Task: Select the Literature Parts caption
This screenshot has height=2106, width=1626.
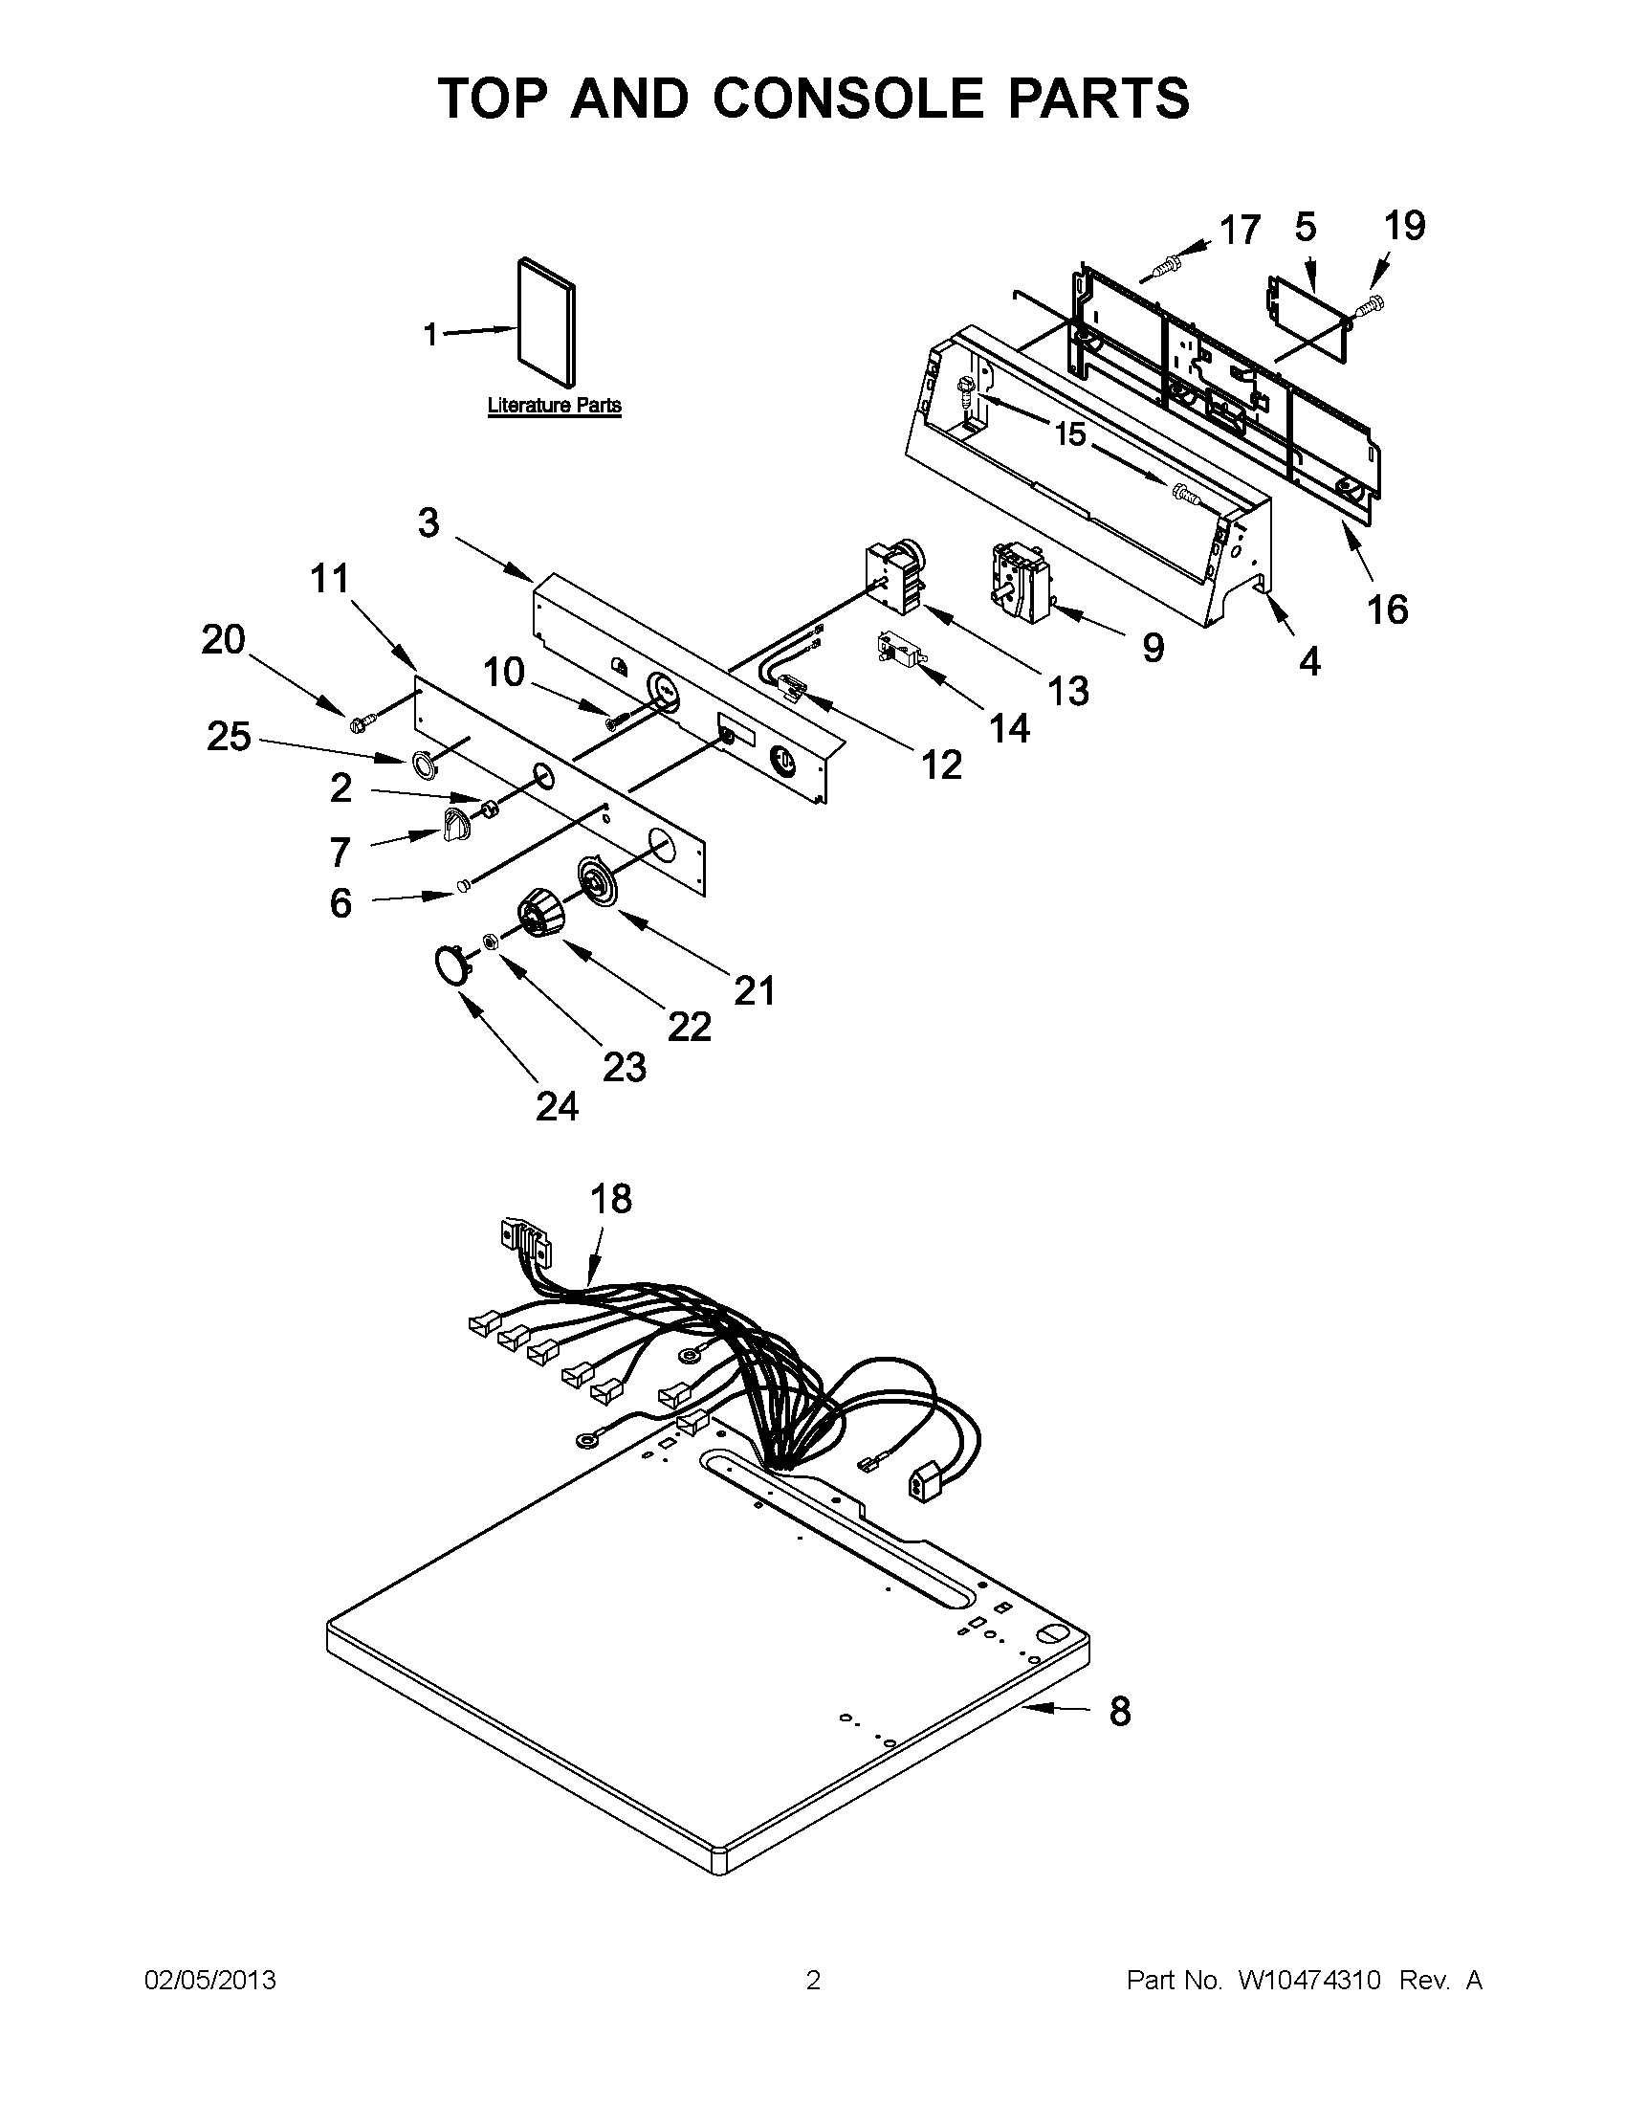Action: [x=553, y=406]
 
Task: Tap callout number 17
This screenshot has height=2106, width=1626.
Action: [x=1240, y=231]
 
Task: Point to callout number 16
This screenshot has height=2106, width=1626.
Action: [x=1388, y=610]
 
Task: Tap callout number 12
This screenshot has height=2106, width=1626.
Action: [x=942, y=765]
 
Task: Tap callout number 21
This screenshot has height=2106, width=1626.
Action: [x=755, y=990]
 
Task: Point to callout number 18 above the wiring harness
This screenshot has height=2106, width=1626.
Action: [x=610, y=1199]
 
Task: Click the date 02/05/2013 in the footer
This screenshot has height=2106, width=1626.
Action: [x=210, y=1981]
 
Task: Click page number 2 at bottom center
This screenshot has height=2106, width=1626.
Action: [x=812, y=1981]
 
